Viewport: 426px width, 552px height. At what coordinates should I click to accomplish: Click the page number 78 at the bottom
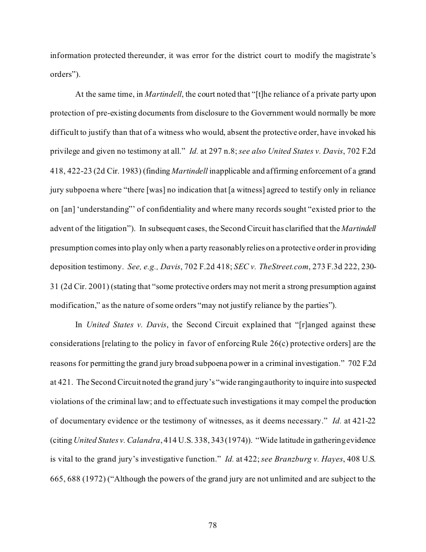tap(212, 525)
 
